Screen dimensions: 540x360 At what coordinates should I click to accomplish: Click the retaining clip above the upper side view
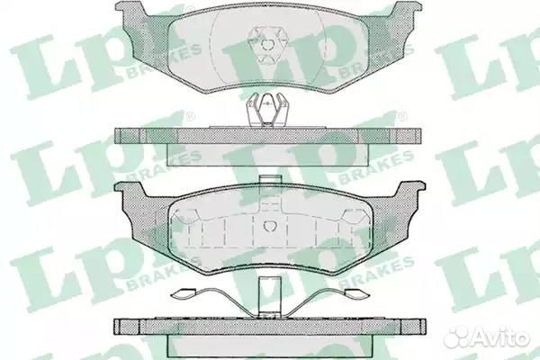tap(268, 110)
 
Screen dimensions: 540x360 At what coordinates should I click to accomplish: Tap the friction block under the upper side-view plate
tap(268, 154)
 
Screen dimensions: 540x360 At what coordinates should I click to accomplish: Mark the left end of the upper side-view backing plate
tap(117, 136)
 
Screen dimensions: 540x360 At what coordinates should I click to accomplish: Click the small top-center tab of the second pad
tap(271, 179)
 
